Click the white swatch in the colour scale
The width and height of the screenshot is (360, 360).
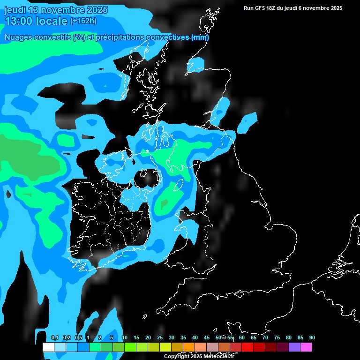tap(48, 347)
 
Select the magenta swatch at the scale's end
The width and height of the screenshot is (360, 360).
tap(306, 347)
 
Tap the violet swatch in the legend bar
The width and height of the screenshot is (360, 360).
tap(294, 347)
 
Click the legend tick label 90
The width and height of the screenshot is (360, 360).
tap(312, 337)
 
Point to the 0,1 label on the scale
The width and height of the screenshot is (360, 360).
tap(54, 337)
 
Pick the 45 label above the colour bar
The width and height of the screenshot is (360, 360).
tap(207, 337)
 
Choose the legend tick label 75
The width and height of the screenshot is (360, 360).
tap(277, 337)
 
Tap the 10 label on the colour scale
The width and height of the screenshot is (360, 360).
tap(125, 337)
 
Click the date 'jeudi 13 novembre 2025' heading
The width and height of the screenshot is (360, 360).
tap(56, 10)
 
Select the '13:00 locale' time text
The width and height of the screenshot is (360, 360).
tap(36, 21)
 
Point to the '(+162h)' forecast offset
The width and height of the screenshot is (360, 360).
tap(83, 21)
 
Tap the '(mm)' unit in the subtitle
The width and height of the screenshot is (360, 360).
tap(200, 37)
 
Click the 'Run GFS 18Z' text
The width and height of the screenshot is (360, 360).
tap(260, 8)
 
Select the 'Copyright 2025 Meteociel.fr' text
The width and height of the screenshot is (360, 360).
tap(199, 356)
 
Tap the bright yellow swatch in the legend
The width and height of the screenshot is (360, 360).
tap(165, 347)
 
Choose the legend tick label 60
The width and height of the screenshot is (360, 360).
tap(242, 337)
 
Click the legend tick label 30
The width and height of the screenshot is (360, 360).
tap(172, 337)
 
